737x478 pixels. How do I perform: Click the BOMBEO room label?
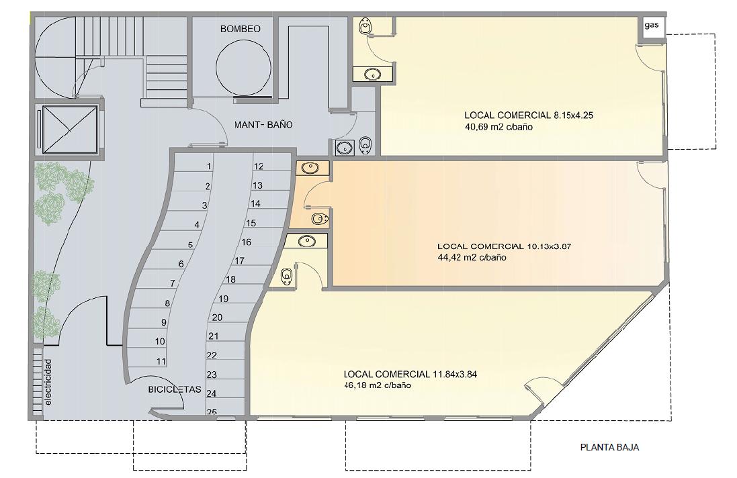pos(241,29)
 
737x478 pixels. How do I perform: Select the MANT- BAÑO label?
pos(263,125)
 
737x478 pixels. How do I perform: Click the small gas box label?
pos(652,26)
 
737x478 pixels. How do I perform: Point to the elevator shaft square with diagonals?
pos(70,130)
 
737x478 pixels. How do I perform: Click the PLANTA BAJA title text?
pos(609,448)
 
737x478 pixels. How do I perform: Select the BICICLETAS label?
pos(175,390)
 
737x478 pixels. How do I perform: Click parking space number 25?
pos(212,412)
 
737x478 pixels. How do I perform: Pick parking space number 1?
pos(209,166)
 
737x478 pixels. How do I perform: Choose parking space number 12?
pos(259,166)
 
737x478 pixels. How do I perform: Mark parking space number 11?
pos(161,362)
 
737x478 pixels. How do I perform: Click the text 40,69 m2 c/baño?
pos(498,127)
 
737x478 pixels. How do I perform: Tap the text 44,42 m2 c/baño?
pos(472,257)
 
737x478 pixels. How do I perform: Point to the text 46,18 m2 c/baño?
pos(378,385)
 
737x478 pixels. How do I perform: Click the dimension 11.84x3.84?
pos(455,374)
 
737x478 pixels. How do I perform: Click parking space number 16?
pos(247,242)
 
